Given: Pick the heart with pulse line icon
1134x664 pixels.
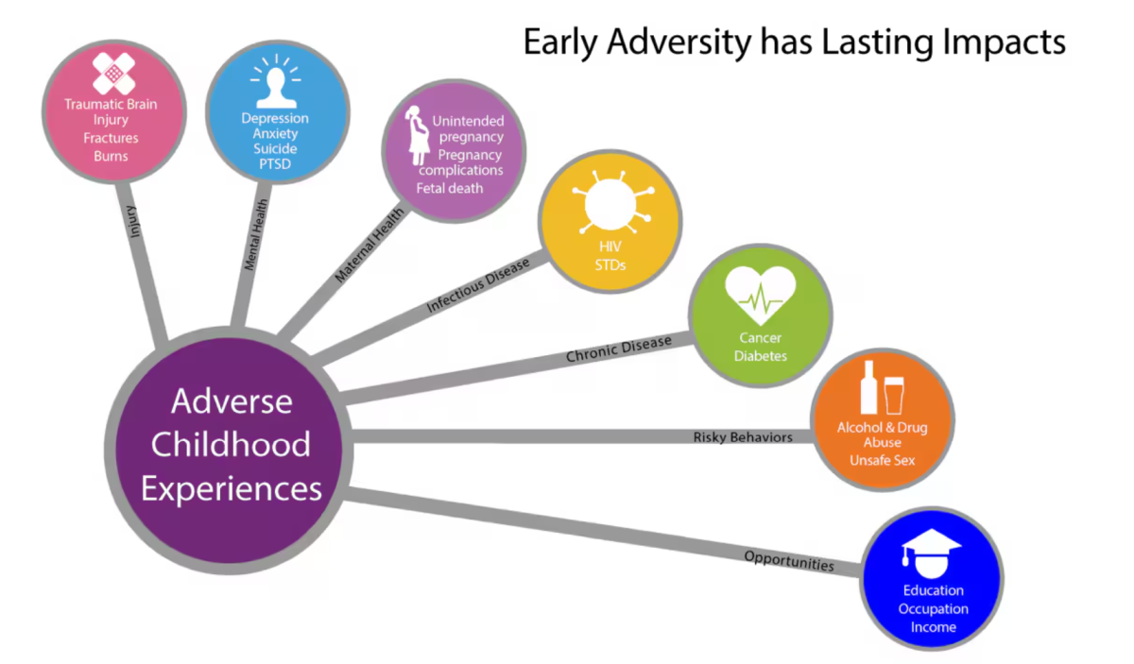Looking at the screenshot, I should [761, 294].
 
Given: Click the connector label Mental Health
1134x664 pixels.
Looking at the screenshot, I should [256, 234].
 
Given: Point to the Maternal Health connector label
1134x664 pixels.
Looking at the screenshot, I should [369, 244].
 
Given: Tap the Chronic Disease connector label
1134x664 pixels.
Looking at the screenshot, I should [618, 349].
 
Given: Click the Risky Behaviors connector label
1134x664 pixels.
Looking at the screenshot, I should [743, 437].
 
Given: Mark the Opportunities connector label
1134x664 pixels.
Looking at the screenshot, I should [789, 560].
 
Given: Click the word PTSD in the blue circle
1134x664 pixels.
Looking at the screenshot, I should [274, 164].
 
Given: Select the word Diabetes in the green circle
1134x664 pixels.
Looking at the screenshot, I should [761, 356].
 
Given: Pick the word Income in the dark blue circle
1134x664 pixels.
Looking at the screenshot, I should [933, 627].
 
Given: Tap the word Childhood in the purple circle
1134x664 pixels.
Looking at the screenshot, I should [232, 444].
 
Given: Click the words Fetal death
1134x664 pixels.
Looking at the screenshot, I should [450, 188].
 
